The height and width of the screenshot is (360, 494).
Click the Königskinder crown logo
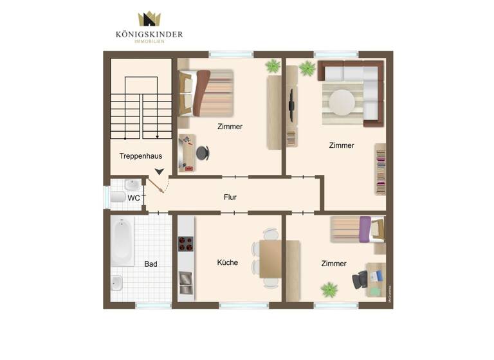(x=149, y=19)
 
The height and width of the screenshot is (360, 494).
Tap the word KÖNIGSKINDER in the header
(x=149, y=34)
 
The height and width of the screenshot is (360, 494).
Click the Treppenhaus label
(x=140, y=156)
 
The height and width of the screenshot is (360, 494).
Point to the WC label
(x=133, y=198)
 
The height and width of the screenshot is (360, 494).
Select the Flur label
(x=230, y=197)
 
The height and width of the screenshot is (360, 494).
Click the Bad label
(x=151, y=264)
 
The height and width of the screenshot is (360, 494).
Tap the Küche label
(x=227, y=262)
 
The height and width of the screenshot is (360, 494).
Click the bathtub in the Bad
(x=122, y=240)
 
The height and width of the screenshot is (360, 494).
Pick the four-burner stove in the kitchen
(x=186, y=244)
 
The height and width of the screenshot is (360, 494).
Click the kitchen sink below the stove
(x=185, y=279)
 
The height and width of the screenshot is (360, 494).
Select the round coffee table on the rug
(x=342, y=101)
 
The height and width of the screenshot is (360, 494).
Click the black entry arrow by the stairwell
(x=159, y=172)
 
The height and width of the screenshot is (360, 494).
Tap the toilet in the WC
(x=118, y=197)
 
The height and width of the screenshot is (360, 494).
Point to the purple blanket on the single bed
(x=365, y=230)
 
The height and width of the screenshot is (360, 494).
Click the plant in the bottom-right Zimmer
(x=329, y=289)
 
